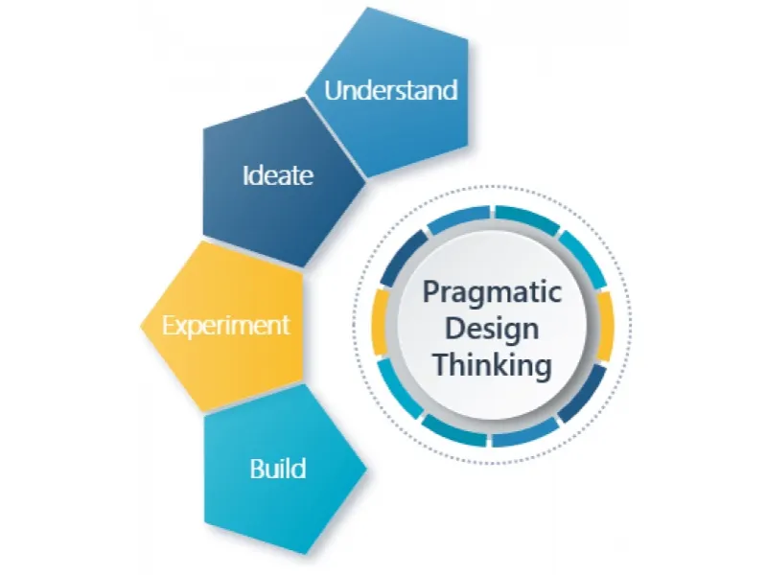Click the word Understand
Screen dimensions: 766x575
tap(391, 90)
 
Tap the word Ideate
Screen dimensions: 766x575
tap(278, 174)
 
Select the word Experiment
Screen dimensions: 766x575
tap(225, 326)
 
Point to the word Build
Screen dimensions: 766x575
tap(278, 468)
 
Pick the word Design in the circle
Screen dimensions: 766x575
tap(492, 329)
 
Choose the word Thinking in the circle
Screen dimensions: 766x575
tap(493, 365)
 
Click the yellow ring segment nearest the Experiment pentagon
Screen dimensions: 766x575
tap(380, 322)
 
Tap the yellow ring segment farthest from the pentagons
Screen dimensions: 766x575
tap(605, 326)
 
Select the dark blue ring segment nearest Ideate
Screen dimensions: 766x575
tap(403, 259)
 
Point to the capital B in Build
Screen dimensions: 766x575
tap(257, 469)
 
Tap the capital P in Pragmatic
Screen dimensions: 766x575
tap(430, 291)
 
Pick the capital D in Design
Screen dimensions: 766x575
tap(453, 329)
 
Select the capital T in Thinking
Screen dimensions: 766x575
tap(442, 364)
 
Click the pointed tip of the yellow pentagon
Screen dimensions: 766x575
tap(141, 325)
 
